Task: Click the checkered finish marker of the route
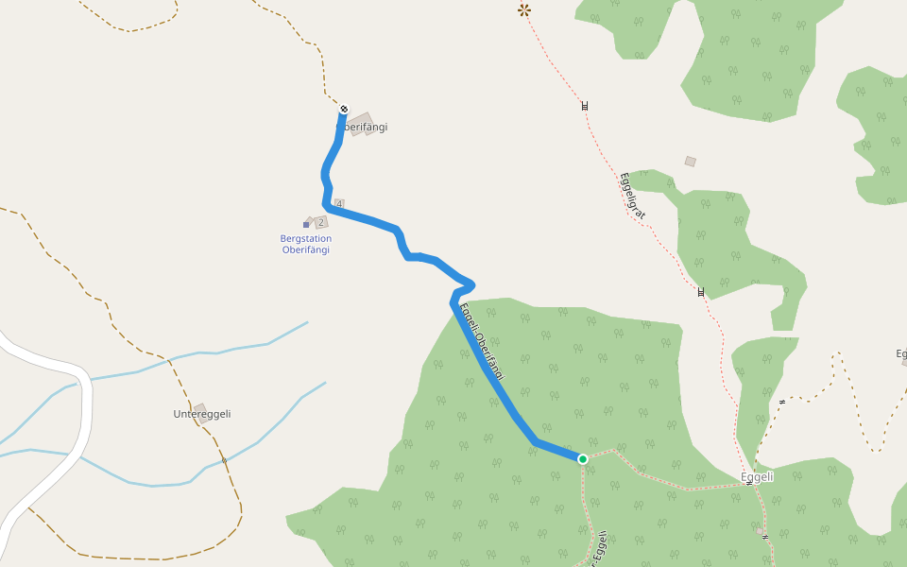point(344,110)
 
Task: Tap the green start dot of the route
point(583,459)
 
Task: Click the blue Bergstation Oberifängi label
point(306,244)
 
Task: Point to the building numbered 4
point(339,204)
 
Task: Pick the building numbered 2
point(320,222)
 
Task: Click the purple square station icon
point(306,225)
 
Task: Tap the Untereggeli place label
point(202,414)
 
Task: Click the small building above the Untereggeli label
point(200,409)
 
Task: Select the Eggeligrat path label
point(632,196)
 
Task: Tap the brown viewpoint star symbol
point(524,10)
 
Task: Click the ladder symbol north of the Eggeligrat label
point(585,106)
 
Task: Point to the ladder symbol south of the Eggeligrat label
point(700,292)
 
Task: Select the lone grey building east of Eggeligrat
point(691,162)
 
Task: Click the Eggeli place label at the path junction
point(757,477)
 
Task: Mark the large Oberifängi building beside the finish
point(361,124)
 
